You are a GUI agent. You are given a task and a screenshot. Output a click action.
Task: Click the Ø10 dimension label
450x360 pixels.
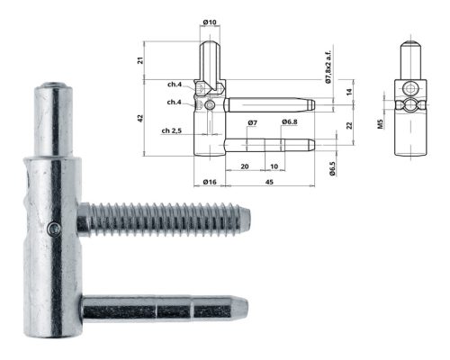(210, 22)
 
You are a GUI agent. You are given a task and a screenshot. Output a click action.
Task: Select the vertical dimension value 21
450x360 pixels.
(140, 60)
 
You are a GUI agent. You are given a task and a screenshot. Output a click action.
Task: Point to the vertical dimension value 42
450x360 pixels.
(140, 118)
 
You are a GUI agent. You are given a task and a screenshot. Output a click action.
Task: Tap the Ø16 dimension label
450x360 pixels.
(210, 182)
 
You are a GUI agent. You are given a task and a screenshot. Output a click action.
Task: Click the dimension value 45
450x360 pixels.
(269, 182)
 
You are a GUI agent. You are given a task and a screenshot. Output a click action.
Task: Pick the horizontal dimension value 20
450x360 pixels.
(245, 166)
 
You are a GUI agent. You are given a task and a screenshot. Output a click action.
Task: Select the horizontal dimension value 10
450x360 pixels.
(274, 166)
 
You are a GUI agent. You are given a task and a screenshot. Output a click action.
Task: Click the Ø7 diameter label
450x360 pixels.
(253, 122)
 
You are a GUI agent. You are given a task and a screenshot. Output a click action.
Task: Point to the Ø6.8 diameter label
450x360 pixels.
(290, 121)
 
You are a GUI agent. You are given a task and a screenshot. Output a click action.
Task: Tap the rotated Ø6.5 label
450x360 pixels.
(332, 168)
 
